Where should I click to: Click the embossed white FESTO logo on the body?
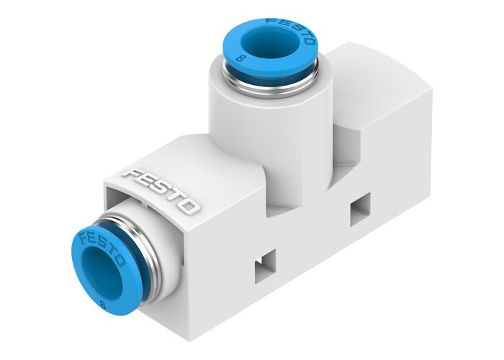pos(161,190)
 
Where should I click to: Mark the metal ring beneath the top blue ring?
pos(268,81)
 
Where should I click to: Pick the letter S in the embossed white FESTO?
pos(158,189)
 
